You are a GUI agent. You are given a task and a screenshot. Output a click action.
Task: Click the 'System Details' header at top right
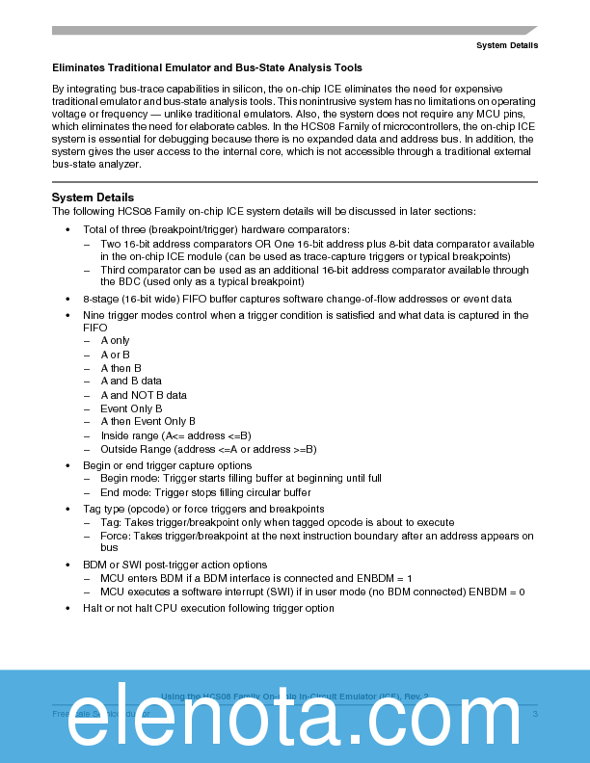coord(506,45)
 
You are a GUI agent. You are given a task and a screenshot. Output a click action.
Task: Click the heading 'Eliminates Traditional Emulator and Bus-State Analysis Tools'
coord(207,67)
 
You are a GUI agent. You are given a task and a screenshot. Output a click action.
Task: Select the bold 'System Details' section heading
coord(93,197)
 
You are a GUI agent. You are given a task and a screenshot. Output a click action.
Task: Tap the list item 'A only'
coord(115,341)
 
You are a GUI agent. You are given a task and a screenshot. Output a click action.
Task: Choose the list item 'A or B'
coord(115,355)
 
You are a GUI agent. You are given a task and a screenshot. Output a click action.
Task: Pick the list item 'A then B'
coord(121,368)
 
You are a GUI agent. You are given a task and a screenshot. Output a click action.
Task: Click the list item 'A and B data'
coord(131,381)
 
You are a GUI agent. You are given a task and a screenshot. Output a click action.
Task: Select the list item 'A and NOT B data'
coord(144,395)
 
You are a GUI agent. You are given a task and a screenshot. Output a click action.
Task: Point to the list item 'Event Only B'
coord(131,408)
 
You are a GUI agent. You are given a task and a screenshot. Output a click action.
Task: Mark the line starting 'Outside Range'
coord(208,449)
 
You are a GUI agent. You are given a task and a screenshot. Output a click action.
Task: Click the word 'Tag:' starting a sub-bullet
coord(110,522)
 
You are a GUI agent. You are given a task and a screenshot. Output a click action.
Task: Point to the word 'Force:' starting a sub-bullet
coord(116,536)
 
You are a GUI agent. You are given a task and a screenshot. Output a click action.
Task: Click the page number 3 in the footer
coord(534,713)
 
